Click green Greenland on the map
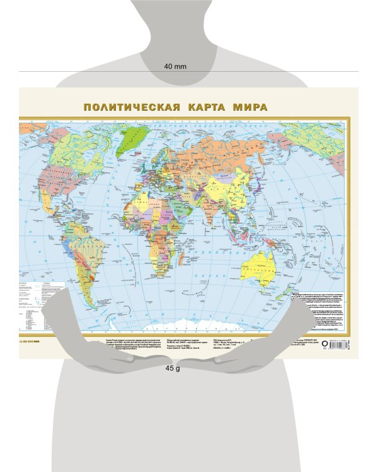tap(132, 135)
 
